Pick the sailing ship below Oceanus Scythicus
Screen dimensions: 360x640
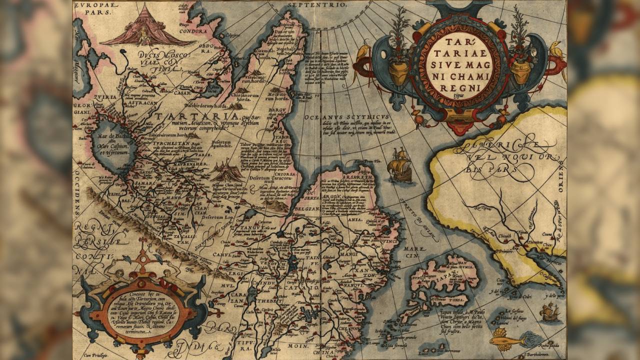tap(400, 165)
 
